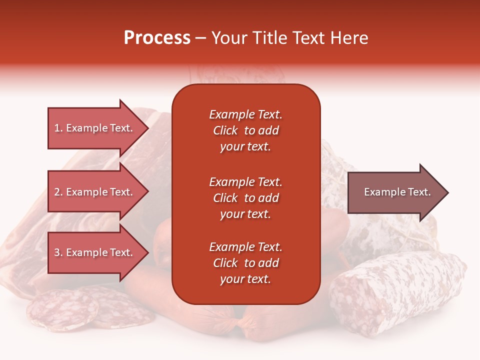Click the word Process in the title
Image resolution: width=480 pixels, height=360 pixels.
(157, 38)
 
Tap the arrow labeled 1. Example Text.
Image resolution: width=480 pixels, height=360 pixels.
(95, 128)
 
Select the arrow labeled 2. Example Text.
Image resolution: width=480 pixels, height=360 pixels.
(95, 192)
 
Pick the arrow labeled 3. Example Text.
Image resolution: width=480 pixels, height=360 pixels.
(95, 252)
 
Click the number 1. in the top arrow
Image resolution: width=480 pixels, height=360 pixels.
(58, 128)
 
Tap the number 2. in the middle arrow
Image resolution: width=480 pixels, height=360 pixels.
(58, 192)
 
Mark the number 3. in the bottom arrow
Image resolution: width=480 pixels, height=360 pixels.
(58, 252)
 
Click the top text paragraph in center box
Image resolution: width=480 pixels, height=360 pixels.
(245, 130)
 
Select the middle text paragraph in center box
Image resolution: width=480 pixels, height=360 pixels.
(245, 198)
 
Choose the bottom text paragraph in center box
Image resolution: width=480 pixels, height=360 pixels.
(245, 263)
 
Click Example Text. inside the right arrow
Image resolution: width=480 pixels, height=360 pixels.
(397, 192)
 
